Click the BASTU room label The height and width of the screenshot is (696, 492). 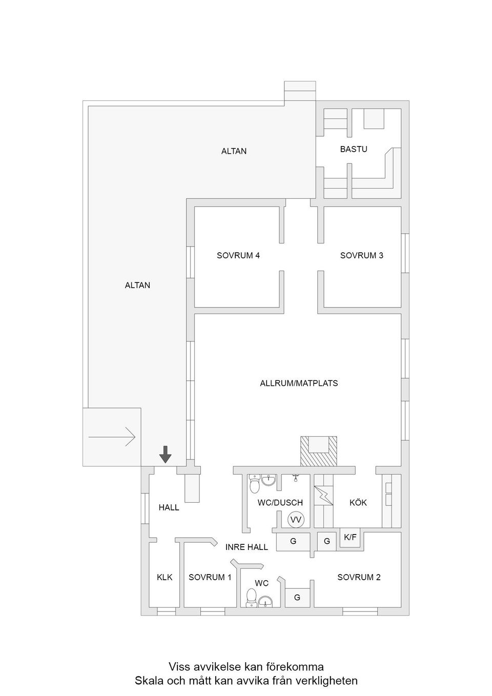point(354,149)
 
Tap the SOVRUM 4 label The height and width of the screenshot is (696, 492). point(238,255)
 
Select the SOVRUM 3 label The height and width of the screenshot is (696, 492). point(362,255)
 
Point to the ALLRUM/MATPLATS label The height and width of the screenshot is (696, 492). point(299,383)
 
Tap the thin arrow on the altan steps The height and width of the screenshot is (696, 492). point(112,437)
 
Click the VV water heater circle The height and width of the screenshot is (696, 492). point(296,520)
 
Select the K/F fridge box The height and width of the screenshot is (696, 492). point(351,538)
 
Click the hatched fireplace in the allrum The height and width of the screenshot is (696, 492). point(318,451)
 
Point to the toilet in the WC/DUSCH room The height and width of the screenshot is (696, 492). point(254,483)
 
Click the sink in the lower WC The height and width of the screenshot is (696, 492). point(265,601)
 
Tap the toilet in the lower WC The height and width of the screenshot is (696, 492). point(252,597)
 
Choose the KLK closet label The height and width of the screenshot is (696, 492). point(165,577)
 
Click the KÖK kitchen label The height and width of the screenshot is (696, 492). point(358,502)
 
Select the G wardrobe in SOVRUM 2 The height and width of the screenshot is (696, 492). point(297,598)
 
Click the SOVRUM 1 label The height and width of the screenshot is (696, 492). point(210,577)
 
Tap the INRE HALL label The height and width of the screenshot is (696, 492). point(247,547)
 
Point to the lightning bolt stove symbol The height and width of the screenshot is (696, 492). point(324,495)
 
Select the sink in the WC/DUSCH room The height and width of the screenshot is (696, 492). point(270,481)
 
